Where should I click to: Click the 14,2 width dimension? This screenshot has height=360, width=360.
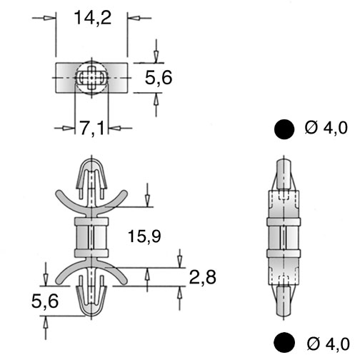(93, 18)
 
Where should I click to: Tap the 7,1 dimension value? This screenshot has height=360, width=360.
(92, 128)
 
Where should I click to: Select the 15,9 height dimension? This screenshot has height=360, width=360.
(144, 236)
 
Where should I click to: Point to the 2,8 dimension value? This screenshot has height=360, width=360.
(203, 277)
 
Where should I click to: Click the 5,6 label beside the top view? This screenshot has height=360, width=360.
(159, 78)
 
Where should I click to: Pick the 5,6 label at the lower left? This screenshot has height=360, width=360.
(45, 301)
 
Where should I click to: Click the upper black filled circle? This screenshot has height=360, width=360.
(284, 129)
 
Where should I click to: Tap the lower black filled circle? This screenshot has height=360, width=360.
(284, 343)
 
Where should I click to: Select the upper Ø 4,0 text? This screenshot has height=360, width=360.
(326, 128)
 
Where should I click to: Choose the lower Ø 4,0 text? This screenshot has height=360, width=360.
(328, 344)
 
